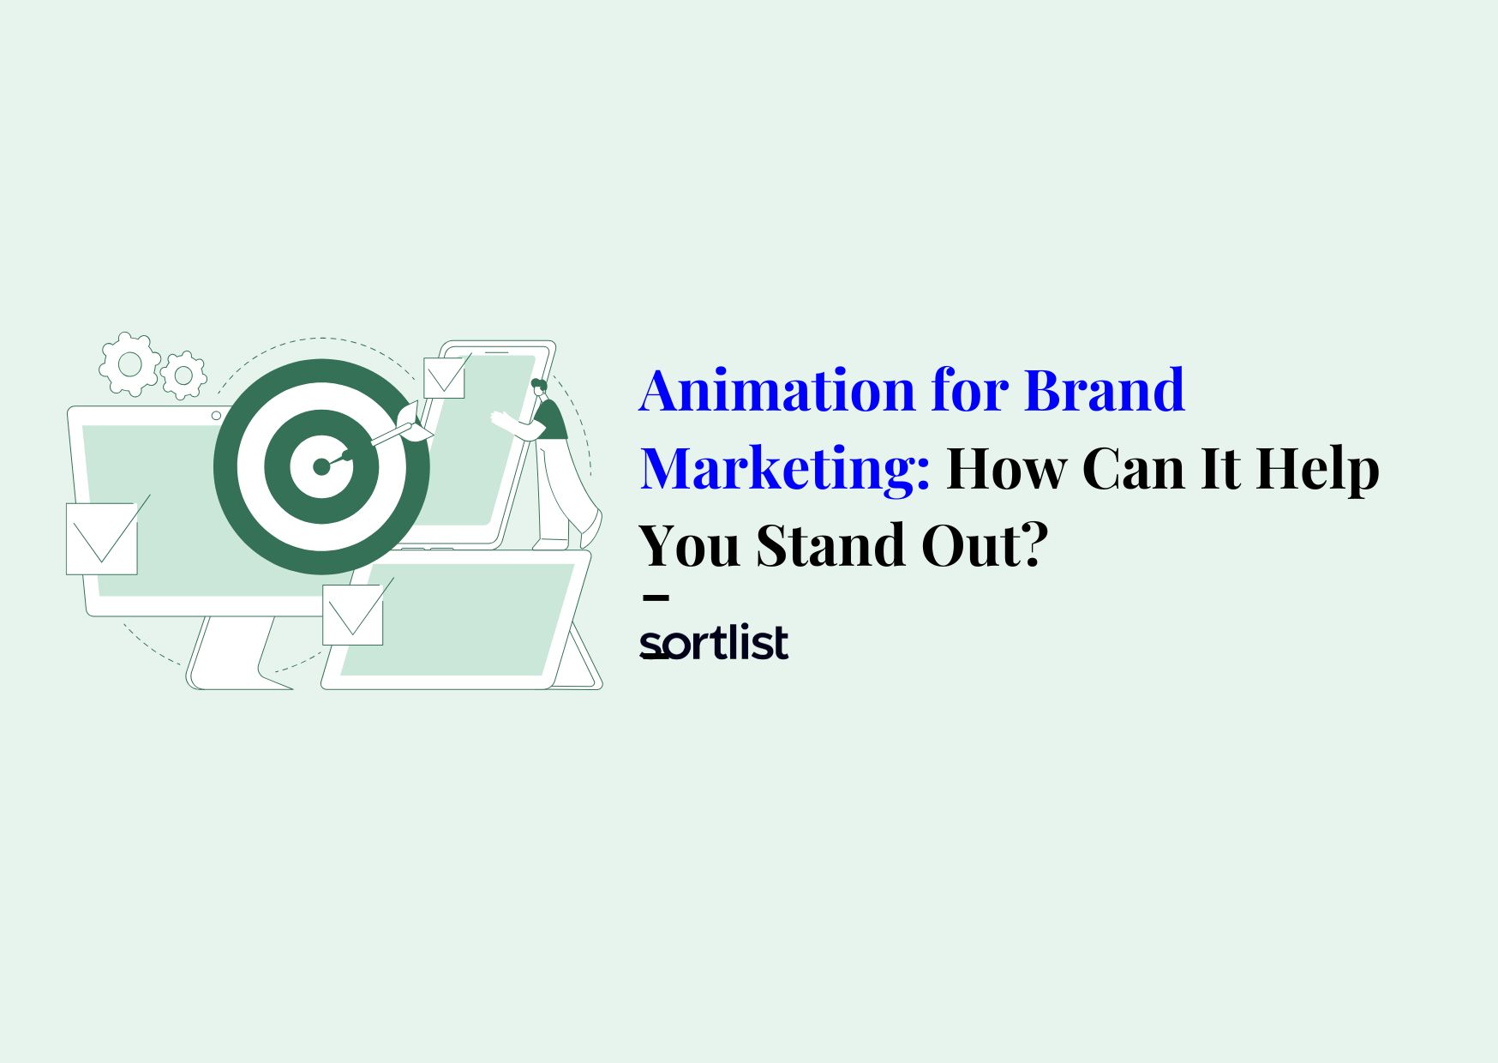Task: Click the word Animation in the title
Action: click(776, 390)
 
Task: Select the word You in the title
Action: click(690, 546)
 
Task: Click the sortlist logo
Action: click(713, 644)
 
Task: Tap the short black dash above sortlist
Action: click(656, 598)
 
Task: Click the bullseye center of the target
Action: click(321, 466)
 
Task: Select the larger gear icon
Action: click(129, 364)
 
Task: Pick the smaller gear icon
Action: click(183, 375)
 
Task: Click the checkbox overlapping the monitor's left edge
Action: click(102, 538)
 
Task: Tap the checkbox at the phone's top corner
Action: click(444, 377)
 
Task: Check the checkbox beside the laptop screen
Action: click(352, 614)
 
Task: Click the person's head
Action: click(539, 387)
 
